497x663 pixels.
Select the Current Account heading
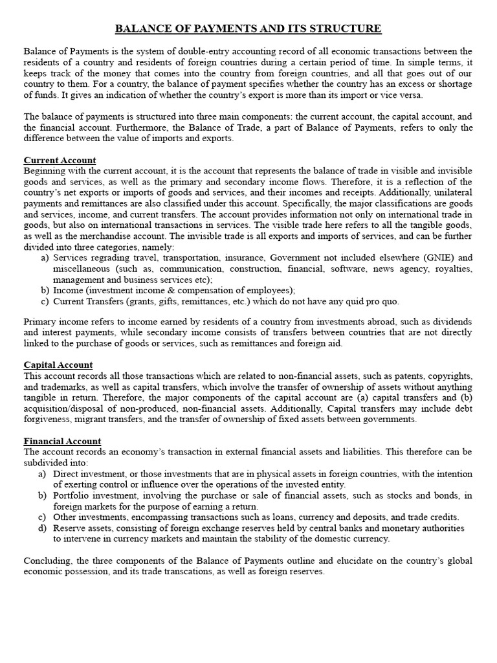coord(60,160)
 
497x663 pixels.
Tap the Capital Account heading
coord(58,365)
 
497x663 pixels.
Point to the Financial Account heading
coord(62,441)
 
